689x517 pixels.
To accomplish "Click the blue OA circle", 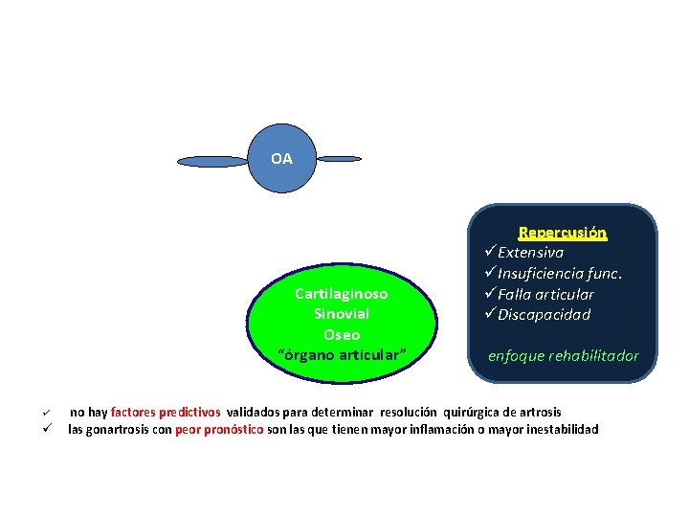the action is pos(281,159).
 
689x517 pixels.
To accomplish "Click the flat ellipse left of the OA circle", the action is pos(212,161).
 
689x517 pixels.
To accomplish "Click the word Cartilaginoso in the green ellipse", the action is pos(341,293).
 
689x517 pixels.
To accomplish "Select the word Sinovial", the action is pos(341,314).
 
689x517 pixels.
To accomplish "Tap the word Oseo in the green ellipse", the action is pos(342,335).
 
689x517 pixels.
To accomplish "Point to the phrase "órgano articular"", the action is pos(342,356).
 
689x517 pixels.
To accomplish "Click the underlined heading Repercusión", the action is pos(563,233).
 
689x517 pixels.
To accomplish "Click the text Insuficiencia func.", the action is pos(560,274).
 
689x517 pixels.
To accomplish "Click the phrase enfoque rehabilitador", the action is pos(563,356).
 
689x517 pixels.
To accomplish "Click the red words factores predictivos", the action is pos(166,412).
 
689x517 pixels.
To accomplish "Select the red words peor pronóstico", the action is pos(219,430).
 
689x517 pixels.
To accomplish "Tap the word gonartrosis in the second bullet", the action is pos(113,430).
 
